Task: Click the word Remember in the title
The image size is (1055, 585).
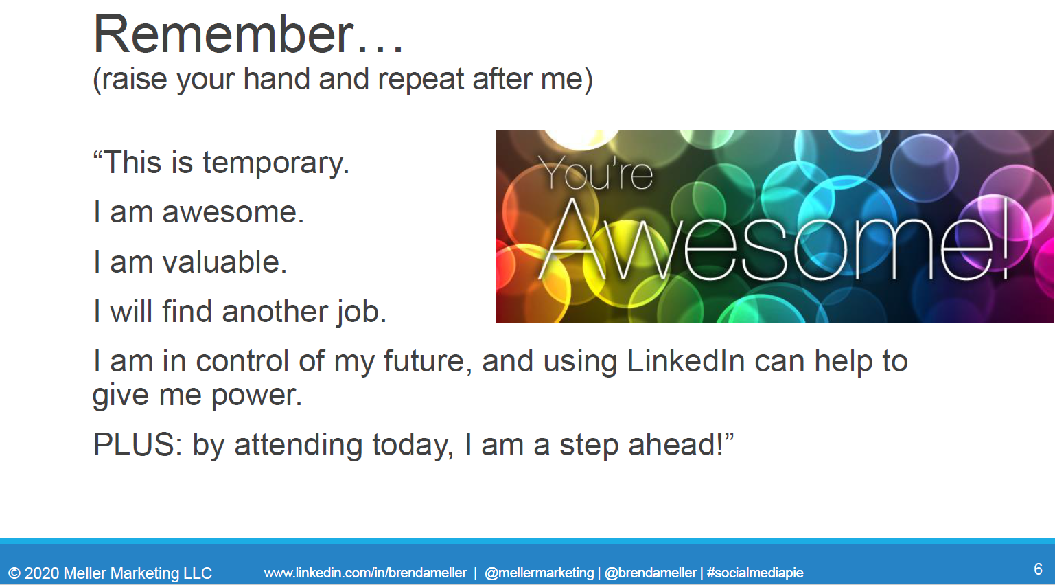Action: [223, 34]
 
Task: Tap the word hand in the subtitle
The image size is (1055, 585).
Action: [276, 78]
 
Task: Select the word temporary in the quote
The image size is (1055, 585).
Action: [276, 163]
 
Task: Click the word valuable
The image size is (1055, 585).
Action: [224, 262]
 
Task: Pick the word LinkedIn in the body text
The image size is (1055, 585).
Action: [686, 361]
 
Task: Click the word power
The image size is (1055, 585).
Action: [256, 395]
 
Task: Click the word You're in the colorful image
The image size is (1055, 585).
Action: [596, 173]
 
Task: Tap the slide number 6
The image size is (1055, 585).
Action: [1038, 569]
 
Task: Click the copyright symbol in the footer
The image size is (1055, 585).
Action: [14, 573]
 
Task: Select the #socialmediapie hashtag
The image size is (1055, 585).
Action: [755, 573]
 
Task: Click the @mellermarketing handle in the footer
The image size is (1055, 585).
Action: [540, 573]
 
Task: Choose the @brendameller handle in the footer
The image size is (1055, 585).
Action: [651, 573]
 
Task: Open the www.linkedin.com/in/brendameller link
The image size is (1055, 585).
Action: [365, 573]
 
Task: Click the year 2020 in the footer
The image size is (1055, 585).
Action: [41, 573]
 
